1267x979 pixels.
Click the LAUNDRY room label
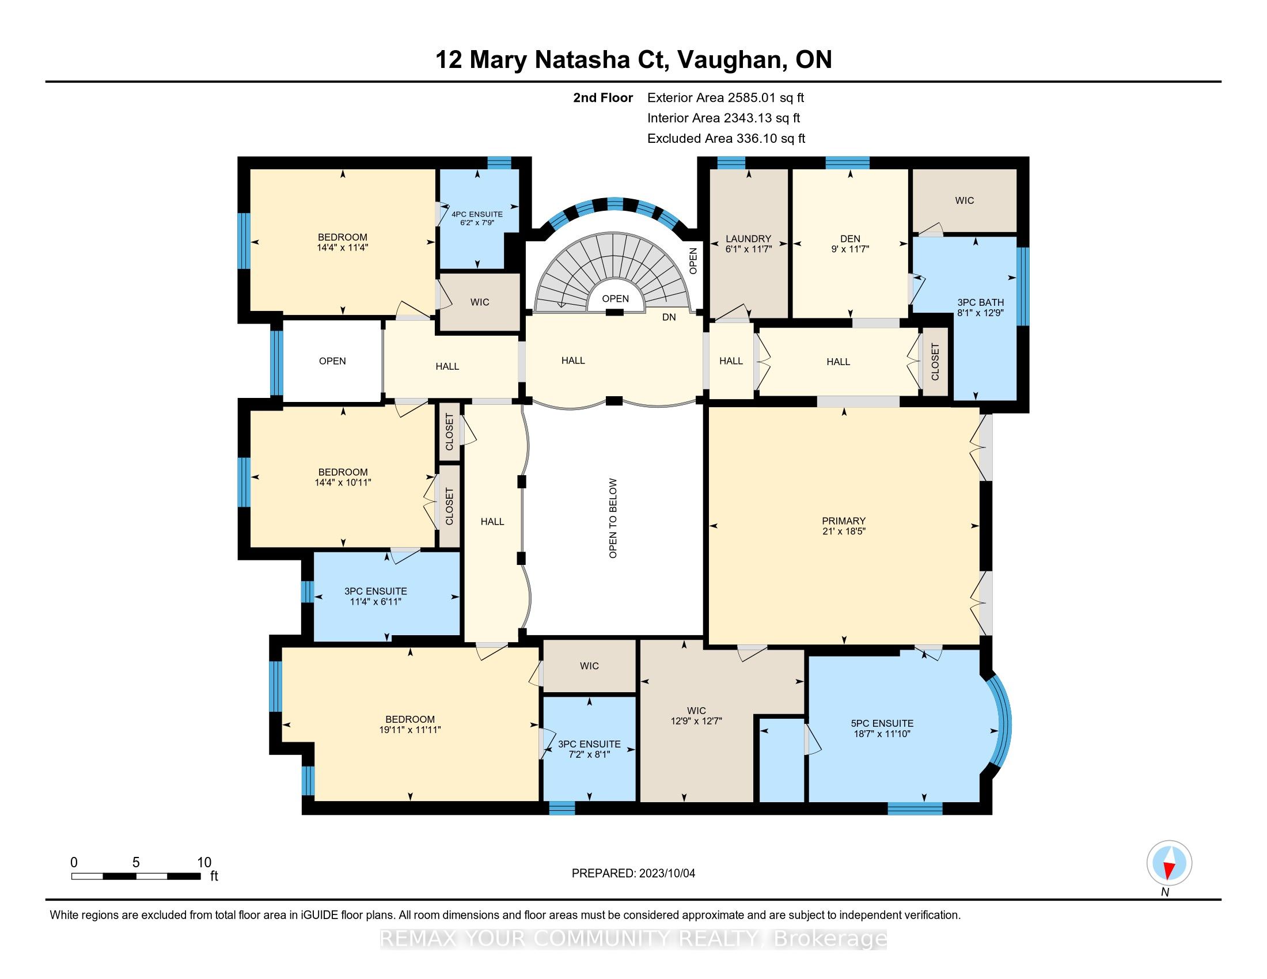point(748,238)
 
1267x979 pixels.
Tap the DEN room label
point(851,238)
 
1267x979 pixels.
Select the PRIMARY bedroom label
point(844,521)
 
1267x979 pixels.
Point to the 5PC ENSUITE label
point(882,723)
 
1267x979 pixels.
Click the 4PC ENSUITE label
point(477,214)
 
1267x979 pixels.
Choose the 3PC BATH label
point(980,302)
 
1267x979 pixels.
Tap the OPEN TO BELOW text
point(613,518)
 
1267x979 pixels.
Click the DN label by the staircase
point(669,317)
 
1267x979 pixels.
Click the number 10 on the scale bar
point(204,863)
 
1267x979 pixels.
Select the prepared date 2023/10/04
point(666,874)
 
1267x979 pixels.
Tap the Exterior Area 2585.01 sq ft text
point(726,97)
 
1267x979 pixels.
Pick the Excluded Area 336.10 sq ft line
point(726,138)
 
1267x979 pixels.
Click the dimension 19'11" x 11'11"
point(410,730)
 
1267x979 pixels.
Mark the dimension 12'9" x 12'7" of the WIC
point(696,721)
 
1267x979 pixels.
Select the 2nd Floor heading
point(603,97)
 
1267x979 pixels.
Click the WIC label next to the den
point(964,200)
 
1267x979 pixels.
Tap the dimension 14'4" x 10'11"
point(343,482)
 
